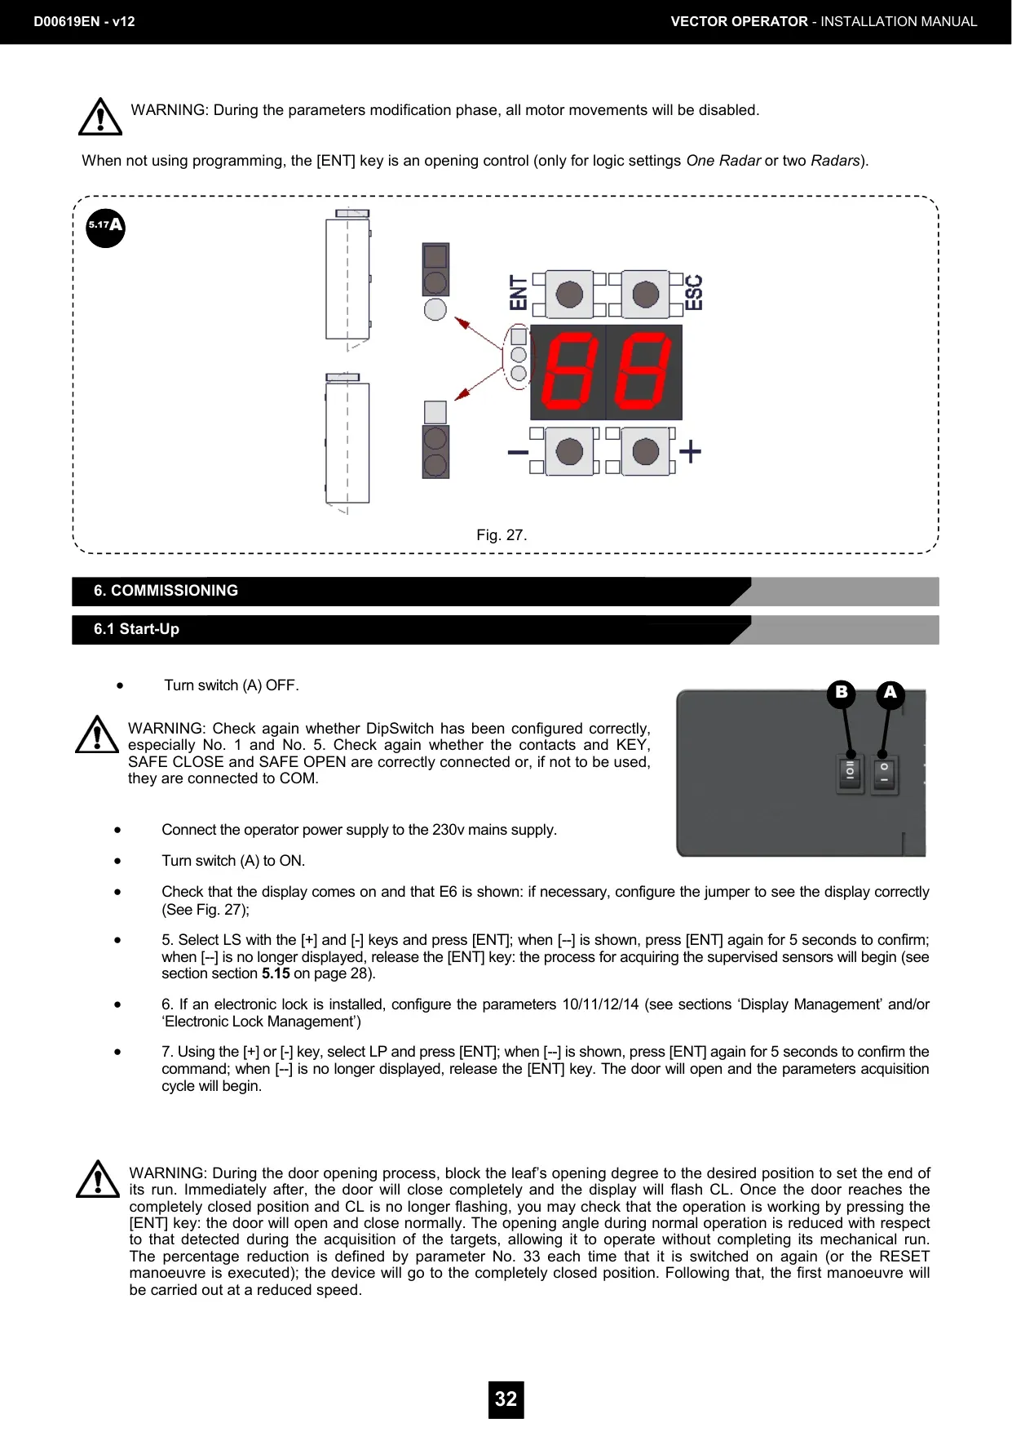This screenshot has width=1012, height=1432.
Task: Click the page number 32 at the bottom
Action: point(506,1399)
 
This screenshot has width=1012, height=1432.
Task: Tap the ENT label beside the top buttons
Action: point(519,292)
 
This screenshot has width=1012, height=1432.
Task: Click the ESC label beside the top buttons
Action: point(693,292)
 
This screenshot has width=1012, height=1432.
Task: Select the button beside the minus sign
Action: point(568,451)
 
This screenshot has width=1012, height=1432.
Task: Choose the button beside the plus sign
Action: point(645,451)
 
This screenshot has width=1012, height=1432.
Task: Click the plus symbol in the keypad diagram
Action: point(691,451)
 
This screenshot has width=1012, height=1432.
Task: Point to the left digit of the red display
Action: point(568,372)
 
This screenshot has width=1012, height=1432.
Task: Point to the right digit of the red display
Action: point(643,372)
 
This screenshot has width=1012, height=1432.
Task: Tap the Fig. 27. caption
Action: point(502,535)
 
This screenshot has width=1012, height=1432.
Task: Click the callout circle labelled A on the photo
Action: point(890,694)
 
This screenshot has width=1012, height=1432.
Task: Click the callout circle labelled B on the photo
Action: point(841,694)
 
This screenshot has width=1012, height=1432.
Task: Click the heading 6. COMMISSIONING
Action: point(166,591)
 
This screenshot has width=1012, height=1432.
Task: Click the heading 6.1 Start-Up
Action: point(136,629)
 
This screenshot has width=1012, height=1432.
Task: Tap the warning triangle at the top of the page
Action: point(100,117)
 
